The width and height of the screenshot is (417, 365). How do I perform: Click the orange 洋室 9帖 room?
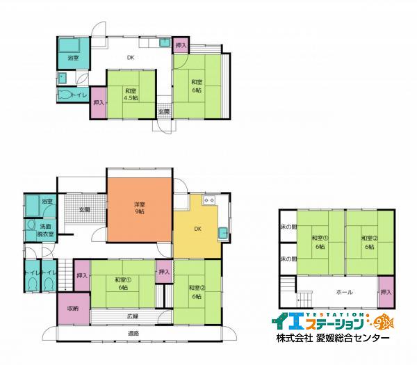coord(139,209)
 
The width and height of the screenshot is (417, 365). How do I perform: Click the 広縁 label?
coord(133,317)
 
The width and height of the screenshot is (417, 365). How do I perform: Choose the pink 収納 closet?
coord(72,309)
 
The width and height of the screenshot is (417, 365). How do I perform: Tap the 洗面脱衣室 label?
coord(46,231)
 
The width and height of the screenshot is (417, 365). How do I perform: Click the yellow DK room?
coord(197,229)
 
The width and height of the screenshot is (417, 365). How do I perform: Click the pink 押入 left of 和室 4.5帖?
coord(98,103)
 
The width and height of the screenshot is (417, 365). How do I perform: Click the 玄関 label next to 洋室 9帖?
coord(84,209)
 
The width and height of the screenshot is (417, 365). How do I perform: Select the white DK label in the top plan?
coord(130,58)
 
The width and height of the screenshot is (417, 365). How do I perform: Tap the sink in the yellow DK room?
coord(223,232)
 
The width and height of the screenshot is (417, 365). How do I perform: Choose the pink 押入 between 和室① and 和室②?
coord(164,272)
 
